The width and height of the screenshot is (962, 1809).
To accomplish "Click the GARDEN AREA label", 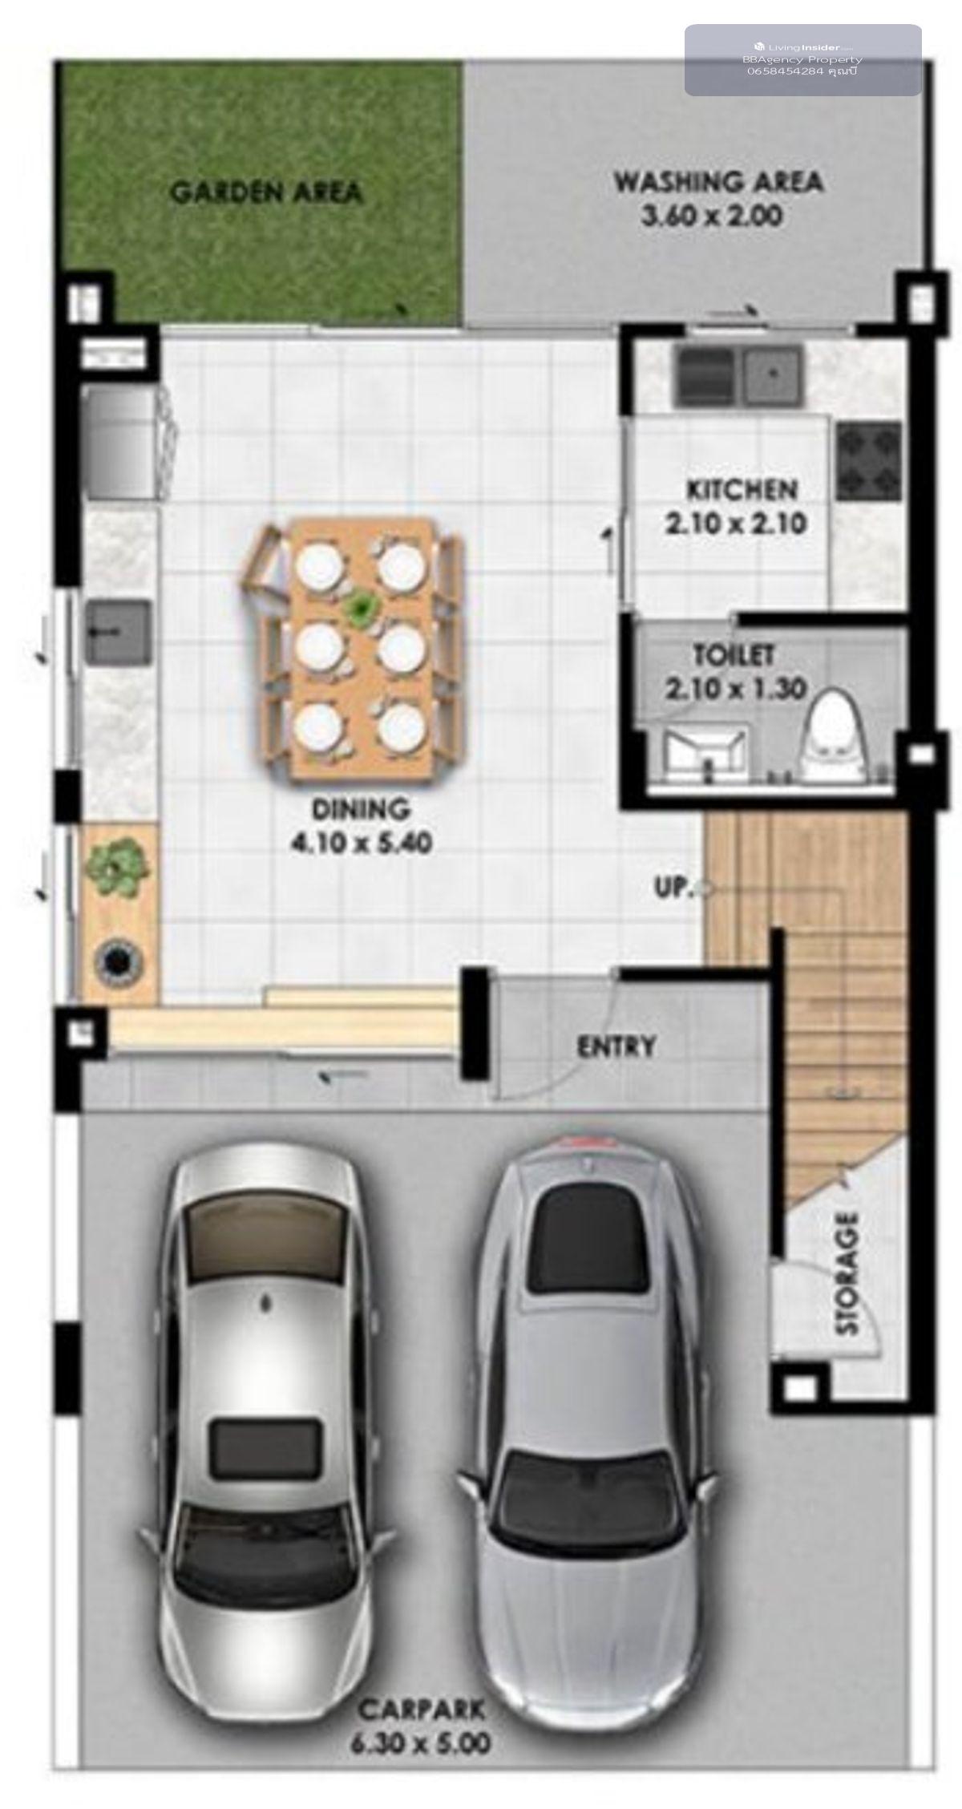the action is (x=267, y=192).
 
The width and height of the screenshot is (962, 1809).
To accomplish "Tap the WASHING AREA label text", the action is (x=718, y=182).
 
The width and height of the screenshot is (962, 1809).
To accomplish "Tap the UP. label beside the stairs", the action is (x=673, y=888).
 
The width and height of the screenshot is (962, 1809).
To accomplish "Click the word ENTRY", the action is (x=616, y=1046).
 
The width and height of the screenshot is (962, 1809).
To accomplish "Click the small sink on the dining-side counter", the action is (x=119, y=633).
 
